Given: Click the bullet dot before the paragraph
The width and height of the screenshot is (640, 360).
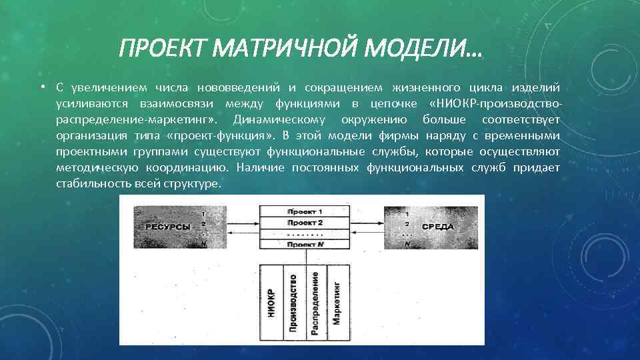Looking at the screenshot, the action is point(41,88).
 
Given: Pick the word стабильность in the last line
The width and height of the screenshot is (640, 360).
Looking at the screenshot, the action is point(87,184).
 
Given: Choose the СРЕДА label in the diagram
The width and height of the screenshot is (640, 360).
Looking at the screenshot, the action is point(437,227).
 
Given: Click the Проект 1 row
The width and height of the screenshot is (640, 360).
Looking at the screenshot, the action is point(305,211).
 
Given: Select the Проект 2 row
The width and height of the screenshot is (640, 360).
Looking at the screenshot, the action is point(305,222).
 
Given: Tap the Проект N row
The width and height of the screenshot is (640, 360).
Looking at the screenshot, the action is point(305,245).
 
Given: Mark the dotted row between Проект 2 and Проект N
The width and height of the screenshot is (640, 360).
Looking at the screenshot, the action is point(305,234).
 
